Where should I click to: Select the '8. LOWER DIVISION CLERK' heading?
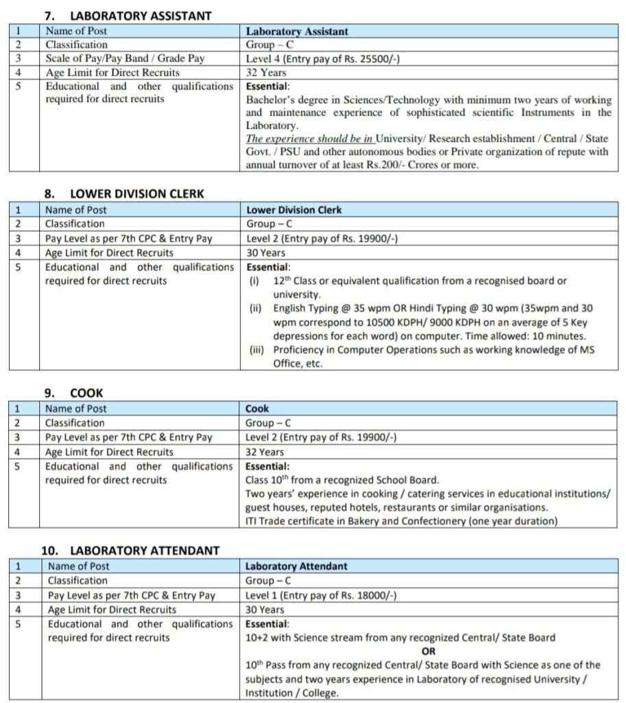point(123,194)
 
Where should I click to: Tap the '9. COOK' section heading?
point(74,393)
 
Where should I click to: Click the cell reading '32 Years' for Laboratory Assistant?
point(266,72)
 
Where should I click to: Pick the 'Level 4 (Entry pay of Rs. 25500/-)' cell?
point(323,58)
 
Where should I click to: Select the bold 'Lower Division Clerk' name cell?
point(294,209)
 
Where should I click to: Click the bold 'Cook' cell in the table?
point(257,408)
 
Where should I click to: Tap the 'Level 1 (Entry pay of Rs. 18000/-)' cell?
point(321,595)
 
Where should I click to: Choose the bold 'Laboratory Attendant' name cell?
point(296,566)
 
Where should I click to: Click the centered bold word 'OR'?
point(429,651)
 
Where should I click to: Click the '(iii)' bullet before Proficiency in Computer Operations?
point(259,350)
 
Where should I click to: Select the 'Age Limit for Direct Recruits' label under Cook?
point(109,452)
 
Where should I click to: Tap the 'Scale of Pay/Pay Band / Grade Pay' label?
point(125,58)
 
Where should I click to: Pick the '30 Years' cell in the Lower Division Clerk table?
point(265,253)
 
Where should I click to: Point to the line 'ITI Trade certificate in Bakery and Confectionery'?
point(401,521)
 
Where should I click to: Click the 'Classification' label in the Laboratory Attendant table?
point(77,581)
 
